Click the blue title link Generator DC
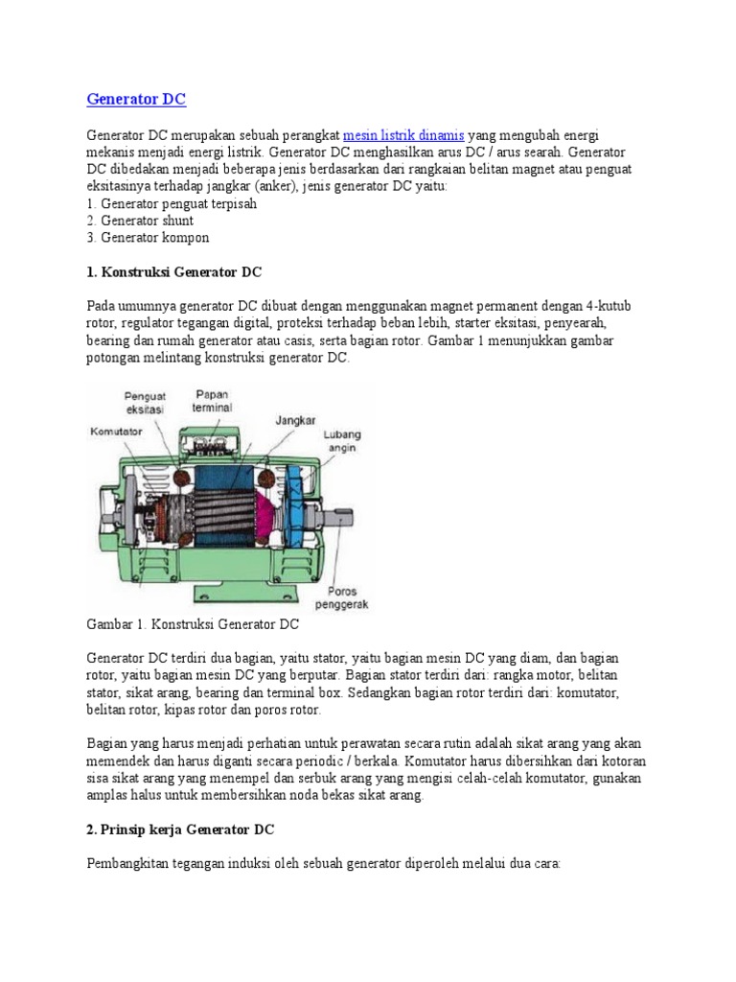[x=136, y=99]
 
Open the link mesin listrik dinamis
[x=402, y=135]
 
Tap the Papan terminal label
[x=214, y=400]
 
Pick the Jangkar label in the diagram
[x=296, y=420]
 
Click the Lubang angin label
[x=342, y=440]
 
